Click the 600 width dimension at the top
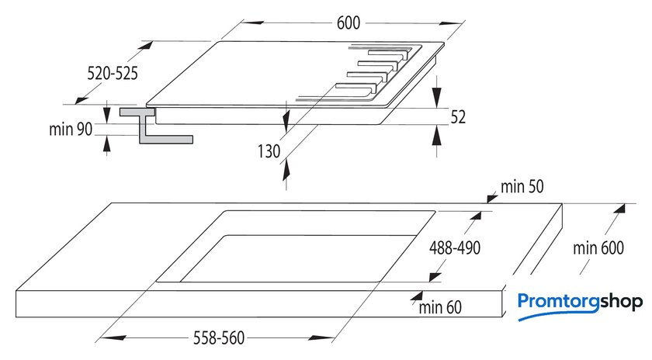pos(348,22)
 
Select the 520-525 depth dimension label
pos(113,73)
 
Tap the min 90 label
pos(71,130)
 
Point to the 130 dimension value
pos(269,151)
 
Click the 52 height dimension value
pos(458,117)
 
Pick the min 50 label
pos(522,187)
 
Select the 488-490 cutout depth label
pos(455,248)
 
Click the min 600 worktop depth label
pos(598,248)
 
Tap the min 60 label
pos(440,307)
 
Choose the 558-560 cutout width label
pos(219,338)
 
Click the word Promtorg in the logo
pos(558,301)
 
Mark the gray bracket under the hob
pos(156,126)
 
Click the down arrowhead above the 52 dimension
pos(436,97)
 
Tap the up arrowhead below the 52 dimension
pos(436,136)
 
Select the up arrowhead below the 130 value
pos(286,171)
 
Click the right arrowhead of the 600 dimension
pos(451,24)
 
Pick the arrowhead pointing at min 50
pos(492,198)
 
